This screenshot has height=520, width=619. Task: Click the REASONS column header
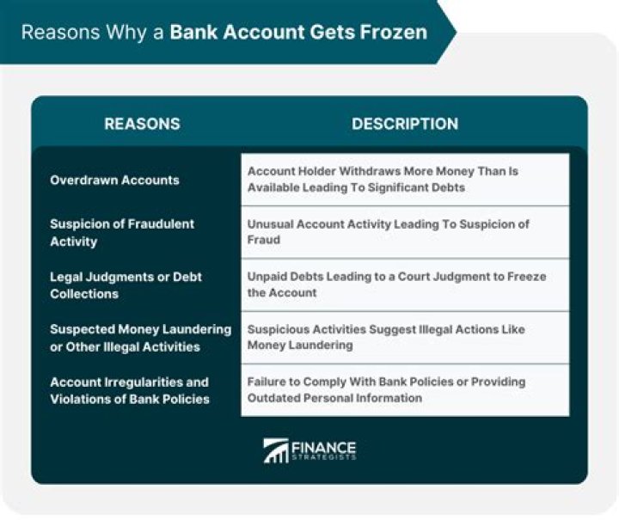[x=142, y=124]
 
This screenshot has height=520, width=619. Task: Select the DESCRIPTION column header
[x=404, y=124]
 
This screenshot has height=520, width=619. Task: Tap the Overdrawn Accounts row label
[x=114, y=180]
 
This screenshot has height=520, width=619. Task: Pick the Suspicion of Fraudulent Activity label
[x=122, y=232]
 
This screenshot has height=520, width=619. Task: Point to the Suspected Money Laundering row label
[x=140, y=338]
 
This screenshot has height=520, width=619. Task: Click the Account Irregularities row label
[x=129, y=390]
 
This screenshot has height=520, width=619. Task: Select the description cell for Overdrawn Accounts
[x=404, y=180]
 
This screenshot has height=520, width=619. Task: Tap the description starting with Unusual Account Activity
[x=404, y=232]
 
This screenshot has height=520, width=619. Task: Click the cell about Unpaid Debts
[x=404, y=285]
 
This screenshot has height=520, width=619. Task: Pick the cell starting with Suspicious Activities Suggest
[x=404, y=338]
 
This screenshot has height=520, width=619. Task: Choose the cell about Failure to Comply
[x=404, y=390]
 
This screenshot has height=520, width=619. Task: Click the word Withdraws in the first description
[x=353, y=171]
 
